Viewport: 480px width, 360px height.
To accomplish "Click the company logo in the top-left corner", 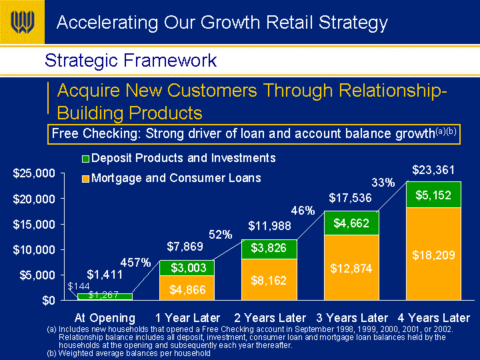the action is click(23, 22).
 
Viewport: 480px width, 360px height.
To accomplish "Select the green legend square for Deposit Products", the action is click(85, 159).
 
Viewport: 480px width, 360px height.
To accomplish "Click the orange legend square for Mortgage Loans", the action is click(85, 179).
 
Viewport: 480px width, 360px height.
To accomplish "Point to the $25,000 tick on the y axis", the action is click(63, 173).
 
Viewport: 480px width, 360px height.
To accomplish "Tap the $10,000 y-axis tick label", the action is click(34, 250).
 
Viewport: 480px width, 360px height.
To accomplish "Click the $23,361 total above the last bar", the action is click(433, 170).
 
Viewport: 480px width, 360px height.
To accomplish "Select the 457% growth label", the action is click(135, 263).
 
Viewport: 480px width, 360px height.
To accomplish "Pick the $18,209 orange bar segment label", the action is click(433, 255).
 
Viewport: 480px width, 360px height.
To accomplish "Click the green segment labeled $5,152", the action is click(433, 195).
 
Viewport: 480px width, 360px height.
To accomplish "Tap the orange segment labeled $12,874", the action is click(351, 267).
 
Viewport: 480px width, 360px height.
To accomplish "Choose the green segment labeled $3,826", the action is click(269, 249).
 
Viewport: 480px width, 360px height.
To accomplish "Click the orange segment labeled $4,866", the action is click(187, 288).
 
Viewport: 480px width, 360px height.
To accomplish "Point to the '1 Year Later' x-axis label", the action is click(187, 318).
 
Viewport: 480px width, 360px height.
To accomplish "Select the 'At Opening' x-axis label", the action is click(105, 319).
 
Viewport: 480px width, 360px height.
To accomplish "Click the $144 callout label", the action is click(79, 286).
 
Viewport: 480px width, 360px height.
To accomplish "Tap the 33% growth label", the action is click(383, 183).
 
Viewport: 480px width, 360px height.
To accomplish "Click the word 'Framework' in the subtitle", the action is click(170, 60).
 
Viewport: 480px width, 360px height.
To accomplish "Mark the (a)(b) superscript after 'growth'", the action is click(446, 131).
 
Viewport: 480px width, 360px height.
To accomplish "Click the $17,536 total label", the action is click(350, 198).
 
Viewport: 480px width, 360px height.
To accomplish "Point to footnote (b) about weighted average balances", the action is click(129, 353).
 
